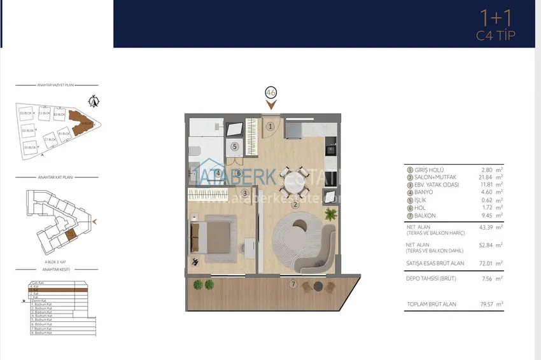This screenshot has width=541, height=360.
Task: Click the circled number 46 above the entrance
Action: click(x=270, y=93)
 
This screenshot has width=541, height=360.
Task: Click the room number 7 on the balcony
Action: click(x=293, y=284)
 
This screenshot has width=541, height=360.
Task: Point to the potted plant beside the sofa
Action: click(x=331, y=214)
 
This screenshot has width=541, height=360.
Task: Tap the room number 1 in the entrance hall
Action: click(x=270, y=126)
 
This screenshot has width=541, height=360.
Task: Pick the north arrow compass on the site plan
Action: click(x=94, y=100)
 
